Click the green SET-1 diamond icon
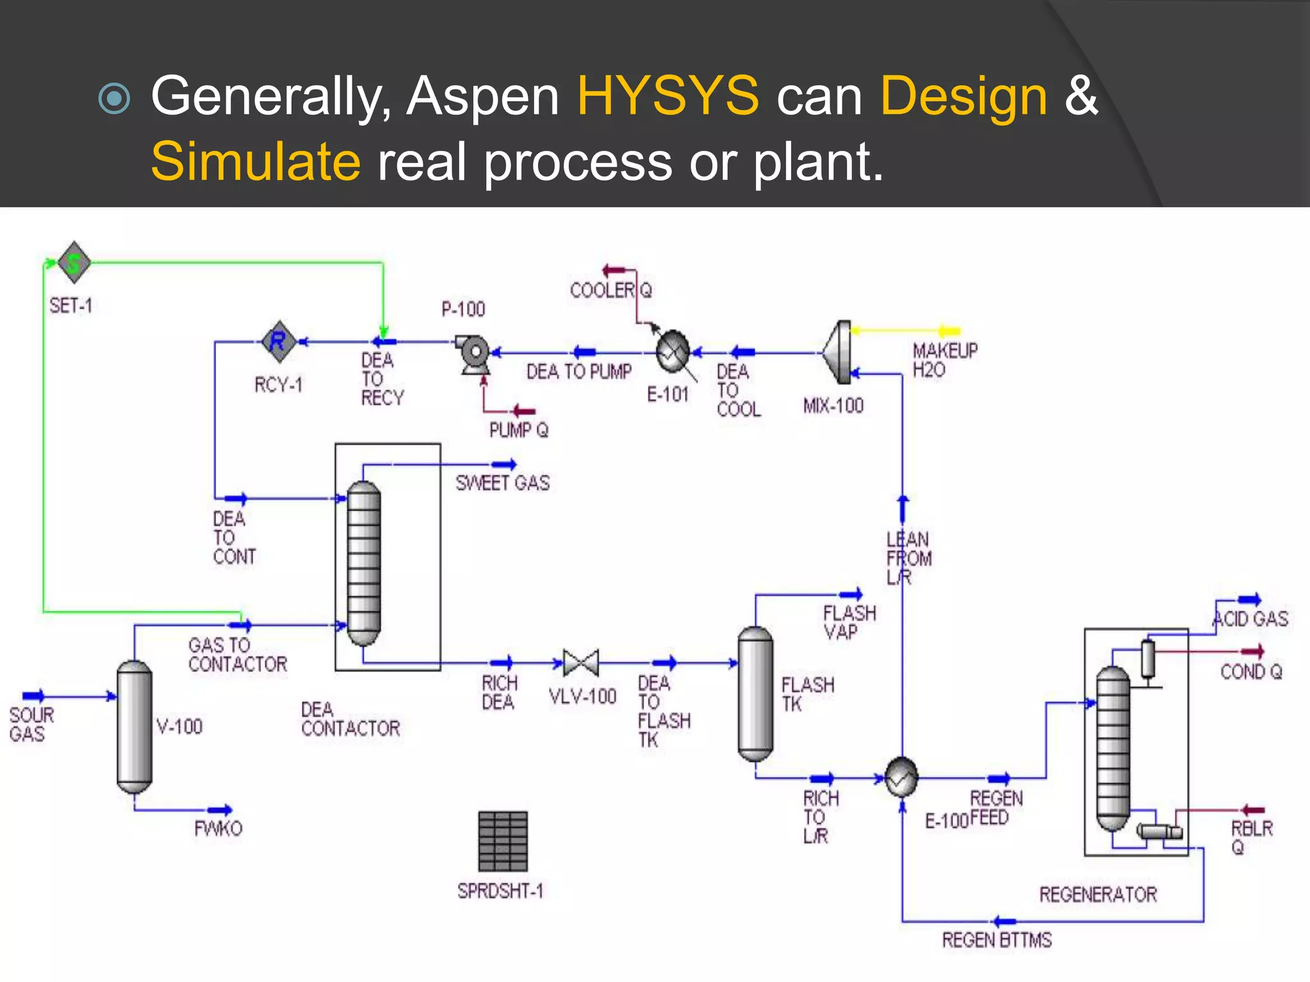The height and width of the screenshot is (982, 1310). click(x=74, y=262)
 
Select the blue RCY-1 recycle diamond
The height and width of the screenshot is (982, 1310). click(x=278, y=341)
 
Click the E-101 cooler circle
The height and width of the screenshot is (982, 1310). click(x=672, y=351)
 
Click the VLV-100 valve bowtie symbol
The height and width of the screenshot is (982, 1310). click(x=581, y=663)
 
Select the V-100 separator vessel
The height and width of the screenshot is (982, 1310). click(x=134, y=726)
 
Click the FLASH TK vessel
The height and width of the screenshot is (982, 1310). click(x=755, y=694)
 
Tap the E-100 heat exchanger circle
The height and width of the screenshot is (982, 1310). click(x=901, y=777)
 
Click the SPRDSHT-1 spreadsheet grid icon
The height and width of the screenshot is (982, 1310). click(x=503, y=841)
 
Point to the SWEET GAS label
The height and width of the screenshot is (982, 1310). click(x=502, y=483)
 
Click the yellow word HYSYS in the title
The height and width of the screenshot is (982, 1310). click(x=668, y=96)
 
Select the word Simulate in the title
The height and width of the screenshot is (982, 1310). click(x=256, y=161)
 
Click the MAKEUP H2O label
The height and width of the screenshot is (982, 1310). click(x=944, y=360)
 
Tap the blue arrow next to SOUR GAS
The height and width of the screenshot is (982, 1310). click(x=33, y=696)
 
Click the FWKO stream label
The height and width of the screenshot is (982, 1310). click(x=218, y=829)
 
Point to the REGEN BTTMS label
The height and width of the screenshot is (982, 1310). click(x=996, y=940)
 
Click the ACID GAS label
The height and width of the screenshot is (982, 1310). click(x=1251, y=619)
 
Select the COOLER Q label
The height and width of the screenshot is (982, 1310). click(x=611, y=291)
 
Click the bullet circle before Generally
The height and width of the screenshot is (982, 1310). click(x=115, y=98)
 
